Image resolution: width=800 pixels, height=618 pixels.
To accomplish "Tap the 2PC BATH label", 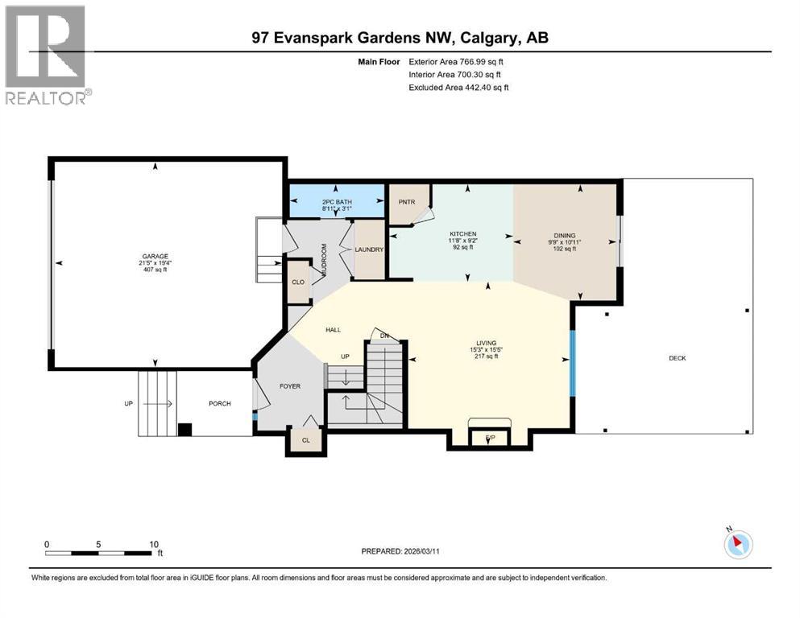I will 337,201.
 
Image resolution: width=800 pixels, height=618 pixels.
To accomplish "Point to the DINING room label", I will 564,236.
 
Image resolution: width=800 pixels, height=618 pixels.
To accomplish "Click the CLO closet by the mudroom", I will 297,282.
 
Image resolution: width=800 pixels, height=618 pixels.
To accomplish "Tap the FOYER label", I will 289,386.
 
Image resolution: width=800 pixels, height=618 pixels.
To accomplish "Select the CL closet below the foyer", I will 305,440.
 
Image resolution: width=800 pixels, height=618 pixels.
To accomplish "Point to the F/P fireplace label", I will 490,438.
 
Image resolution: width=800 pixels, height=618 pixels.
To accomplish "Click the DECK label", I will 677,358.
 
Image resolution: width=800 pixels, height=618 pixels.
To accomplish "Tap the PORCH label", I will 219,403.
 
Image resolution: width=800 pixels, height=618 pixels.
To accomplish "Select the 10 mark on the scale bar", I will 153,544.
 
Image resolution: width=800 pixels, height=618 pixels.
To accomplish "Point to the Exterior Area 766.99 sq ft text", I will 459,61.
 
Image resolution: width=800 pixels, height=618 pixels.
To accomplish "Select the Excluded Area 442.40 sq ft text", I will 459,87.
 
